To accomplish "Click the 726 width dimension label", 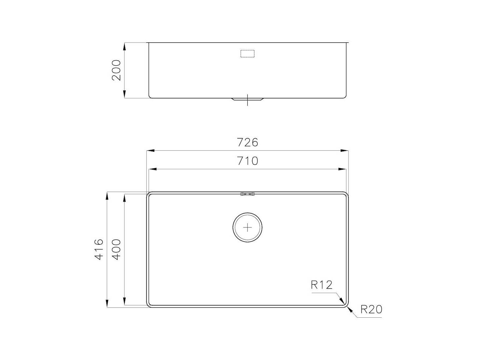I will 247,142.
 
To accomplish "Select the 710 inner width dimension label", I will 247,161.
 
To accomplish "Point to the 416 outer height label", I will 99,249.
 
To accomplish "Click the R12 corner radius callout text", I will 322,285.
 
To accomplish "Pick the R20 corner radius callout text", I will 371,310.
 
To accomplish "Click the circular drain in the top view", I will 247,227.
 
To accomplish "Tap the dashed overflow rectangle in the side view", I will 247,54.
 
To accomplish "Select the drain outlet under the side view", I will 247,99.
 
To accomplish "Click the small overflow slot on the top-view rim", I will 247,194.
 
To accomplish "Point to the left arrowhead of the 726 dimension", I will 150,151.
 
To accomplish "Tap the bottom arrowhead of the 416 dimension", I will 107,304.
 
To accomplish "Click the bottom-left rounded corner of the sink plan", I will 149,304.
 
